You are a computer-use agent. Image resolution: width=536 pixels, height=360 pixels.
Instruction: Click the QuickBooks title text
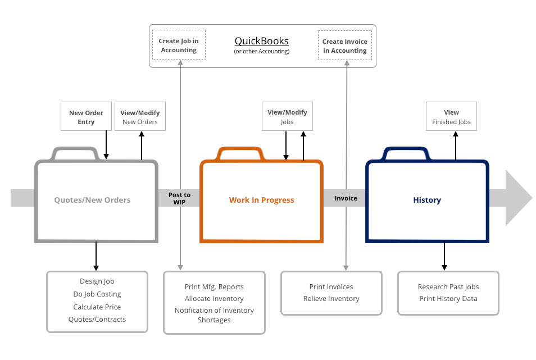(261, 41)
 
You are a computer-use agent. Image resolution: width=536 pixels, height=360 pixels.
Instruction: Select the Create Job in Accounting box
(179, 45)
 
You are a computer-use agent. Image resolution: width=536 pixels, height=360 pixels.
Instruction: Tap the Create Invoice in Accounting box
(344, 45)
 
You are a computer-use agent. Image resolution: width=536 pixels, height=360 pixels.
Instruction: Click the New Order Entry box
(86, 116)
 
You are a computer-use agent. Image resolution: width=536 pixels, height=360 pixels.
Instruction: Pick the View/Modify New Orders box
(140, 116)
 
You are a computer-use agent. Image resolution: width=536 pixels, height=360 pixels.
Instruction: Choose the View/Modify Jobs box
(287, 116)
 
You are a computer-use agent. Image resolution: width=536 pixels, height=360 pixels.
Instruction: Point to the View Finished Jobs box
(451, 116)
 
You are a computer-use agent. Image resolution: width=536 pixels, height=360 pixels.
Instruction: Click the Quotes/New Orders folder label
(92, 200)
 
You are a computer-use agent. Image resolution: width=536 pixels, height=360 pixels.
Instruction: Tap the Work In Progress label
(261, 200)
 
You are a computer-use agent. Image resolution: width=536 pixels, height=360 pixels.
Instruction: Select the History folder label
(427, 200)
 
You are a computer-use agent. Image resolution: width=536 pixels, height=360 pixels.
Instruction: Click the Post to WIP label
(179, 198)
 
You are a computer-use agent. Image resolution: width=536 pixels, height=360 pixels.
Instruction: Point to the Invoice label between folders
(346, 198)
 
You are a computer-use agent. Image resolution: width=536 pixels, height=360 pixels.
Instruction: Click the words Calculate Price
(97, 307)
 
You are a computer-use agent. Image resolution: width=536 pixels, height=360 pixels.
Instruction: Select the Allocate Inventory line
(214, 299)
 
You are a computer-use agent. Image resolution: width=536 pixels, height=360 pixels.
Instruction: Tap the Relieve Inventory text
(331, 299)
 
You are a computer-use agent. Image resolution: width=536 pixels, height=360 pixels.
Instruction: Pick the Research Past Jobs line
(448, 287)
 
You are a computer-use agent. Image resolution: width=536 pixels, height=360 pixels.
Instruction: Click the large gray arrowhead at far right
(518, 198)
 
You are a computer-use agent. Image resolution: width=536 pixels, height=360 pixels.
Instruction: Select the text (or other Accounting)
(261, 52)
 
